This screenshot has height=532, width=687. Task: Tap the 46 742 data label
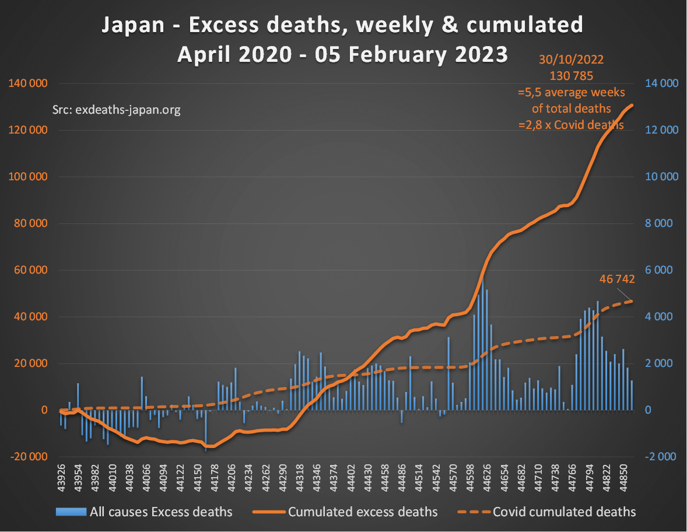point(617,279)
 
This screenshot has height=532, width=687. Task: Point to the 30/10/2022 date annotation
point(571,59)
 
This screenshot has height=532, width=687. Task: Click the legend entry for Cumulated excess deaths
point(363,512)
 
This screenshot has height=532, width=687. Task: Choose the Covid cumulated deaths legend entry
point(564,512)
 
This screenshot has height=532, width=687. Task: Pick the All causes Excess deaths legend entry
point(160,512)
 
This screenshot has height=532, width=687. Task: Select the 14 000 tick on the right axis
point(662,83)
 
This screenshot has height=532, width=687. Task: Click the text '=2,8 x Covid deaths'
point(571,125)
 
